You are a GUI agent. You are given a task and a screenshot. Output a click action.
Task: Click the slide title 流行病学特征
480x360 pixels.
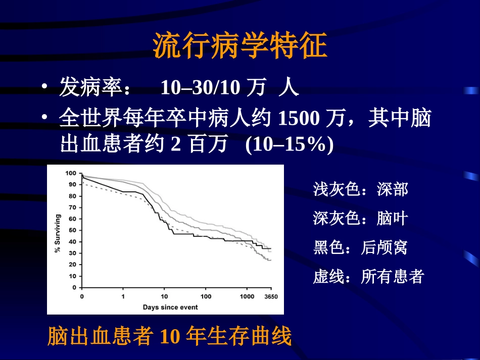(240, 47)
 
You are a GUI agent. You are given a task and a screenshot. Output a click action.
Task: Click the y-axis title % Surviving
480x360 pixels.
(58, 230)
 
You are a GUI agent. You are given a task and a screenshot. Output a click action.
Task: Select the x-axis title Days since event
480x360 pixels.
(170, 307)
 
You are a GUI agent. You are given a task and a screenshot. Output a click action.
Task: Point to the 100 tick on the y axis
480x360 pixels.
(70, 173)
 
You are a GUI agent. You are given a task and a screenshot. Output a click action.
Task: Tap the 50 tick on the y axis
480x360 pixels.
(72, 230)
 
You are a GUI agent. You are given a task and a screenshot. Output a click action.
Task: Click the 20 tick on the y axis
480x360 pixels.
(72, 265)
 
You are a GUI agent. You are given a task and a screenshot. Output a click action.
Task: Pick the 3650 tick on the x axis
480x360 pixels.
(271, 296)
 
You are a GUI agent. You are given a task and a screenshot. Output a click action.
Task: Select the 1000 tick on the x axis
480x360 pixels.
(247, 296)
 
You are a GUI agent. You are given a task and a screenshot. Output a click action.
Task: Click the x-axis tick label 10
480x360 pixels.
(164, 296)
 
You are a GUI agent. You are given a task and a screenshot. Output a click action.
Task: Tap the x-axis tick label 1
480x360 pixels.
(123, 296)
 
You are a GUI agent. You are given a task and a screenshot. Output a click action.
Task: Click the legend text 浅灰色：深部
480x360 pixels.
(360, 189)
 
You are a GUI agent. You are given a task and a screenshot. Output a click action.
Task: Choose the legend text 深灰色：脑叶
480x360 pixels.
(360, 218)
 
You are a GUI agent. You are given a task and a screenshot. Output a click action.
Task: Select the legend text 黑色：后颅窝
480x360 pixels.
(360, 247)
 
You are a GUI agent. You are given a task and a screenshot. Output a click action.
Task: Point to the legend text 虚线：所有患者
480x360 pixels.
(368, 277)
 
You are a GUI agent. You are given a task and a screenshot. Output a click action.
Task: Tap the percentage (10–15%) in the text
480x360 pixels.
(289, 145)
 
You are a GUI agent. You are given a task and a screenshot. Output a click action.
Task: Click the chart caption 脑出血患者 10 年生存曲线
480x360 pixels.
(170, 337)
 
